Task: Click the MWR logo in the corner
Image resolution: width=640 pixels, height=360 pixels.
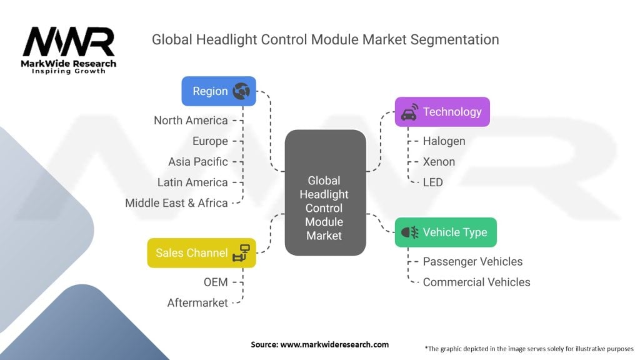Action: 69,49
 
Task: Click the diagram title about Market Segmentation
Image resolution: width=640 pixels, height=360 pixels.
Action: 325,39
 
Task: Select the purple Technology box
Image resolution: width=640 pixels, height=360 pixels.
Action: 442,112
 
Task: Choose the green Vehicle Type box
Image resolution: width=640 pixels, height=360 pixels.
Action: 445,232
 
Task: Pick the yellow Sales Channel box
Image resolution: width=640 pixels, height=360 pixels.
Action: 201,252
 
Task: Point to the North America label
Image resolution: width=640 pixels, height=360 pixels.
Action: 191,120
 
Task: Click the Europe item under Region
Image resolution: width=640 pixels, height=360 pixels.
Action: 210,141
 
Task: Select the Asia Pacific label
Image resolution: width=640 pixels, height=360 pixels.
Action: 197,162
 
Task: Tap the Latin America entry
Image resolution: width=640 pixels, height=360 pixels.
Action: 192,182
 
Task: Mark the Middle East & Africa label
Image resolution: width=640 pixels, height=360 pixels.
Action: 176,202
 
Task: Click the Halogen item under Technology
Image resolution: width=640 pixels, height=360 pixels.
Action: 444,141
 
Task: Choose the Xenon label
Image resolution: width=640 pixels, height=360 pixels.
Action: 439,161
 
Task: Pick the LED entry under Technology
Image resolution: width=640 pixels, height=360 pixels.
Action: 432,182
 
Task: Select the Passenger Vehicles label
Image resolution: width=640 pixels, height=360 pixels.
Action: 472,261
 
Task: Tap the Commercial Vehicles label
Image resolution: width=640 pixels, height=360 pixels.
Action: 476,282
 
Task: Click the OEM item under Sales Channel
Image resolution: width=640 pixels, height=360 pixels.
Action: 216,282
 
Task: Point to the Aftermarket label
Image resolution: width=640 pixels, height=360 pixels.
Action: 197,302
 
